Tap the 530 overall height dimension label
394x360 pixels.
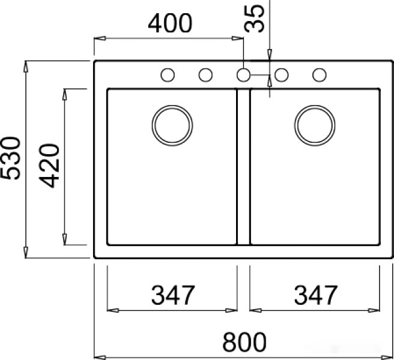click(x=11, y=158)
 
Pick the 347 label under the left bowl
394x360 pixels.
click(x=173, y=295)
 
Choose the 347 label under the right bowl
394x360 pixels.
click(x=315, y=295)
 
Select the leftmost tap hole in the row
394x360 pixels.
click(x=168, y=75)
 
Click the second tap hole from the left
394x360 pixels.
click(x=205, y=75)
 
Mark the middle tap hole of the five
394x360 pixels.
click(x=243, y=75)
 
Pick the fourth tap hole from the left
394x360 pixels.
click(x=281, y=75)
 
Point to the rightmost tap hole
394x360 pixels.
click(x=319, y=75)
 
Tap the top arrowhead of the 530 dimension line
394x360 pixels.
click(x=26, y=65)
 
